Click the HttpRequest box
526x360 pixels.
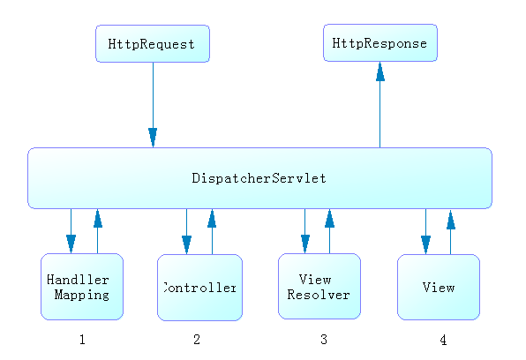153,43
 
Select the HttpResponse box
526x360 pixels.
380,42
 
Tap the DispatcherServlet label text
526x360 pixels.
259,178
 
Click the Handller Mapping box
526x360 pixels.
82,287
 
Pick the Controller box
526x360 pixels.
200,288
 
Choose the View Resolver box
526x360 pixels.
319,286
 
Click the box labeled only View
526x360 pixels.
439,287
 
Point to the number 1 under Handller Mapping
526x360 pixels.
82,340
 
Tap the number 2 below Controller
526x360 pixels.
197,340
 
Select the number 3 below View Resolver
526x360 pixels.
324,340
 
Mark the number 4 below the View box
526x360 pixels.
443,341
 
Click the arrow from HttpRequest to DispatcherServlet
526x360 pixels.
153,105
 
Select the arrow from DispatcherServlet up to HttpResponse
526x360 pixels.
380,105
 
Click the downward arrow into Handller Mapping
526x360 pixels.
71,231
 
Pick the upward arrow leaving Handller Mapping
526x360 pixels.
98,231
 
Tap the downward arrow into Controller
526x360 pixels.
186,231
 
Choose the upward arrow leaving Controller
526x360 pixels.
212,231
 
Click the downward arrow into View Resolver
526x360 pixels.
305,231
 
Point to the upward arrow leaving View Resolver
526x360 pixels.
330,231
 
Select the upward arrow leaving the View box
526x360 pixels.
450,232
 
